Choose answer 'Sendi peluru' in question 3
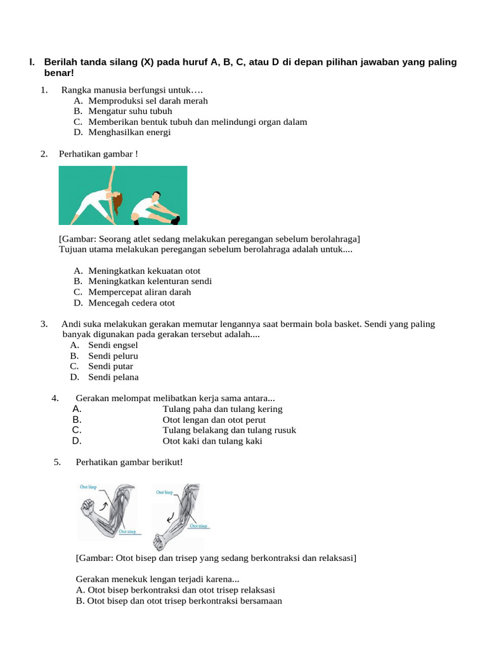click(113, 356)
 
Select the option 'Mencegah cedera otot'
click(131, 303)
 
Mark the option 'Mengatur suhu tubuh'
click(130, 111)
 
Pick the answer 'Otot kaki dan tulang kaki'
click(212, 441)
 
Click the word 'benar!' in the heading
click(59, 74)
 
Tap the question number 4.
click(56, 398)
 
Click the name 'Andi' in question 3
click(71, 324)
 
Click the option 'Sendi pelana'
click(113, 377)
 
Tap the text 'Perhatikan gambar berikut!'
click(129, 462)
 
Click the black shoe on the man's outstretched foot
click(175, 219)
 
